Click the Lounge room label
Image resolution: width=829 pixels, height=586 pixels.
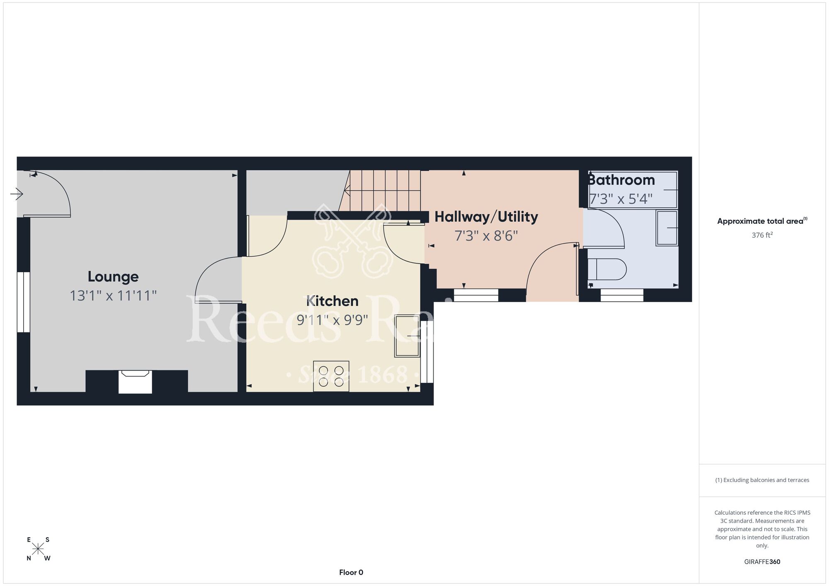click(x=113, y=277)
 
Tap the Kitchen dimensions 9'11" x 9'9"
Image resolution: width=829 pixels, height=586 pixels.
click(x=332, y=320)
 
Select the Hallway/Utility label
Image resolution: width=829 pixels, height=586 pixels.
click(x=486, y=217)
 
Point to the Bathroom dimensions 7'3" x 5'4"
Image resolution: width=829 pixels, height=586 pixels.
click(x=621, y=199)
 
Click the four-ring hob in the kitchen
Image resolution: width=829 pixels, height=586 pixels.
click(x=331, y=376)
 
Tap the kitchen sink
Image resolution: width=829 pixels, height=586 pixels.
click(x=407, y=336)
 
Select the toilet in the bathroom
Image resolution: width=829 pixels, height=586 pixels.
click(x=607, y=269)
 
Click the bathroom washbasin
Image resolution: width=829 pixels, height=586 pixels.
click(x=667, y=228)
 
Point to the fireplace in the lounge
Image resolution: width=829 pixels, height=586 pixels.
click(x=136, y=382)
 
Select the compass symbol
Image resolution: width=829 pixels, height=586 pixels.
click(x=38, y=549)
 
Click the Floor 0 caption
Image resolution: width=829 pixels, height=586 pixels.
click(x=351, y=572)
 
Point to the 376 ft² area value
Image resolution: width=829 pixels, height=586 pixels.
click(x=762, y=235)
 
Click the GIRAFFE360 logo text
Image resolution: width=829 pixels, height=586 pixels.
click(x=762, y=562)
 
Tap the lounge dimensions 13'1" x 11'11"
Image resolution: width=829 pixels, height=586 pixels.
click(x=113, y=295)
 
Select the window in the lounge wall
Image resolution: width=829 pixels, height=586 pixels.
click(x=24, y=302)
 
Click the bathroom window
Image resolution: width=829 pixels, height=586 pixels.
click(x=622, y=295)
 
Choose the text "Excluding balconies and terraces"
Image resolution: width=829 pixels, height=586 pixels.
click(x=766, y=480)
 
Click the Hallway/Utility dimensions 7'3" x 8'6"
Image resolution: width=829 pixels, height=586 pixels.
click(x=486, y=236)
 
